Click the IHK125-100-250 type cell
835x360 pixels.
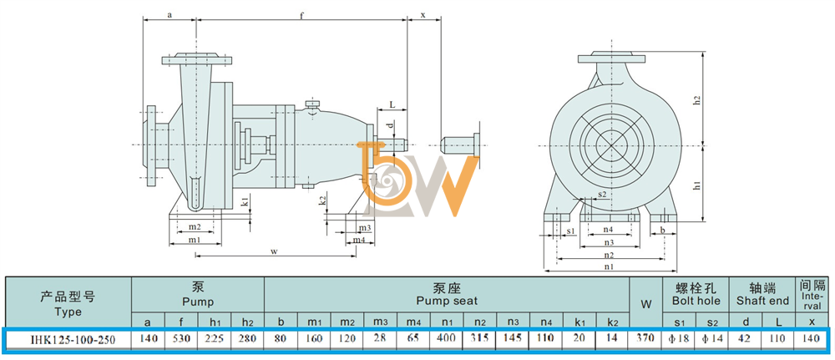[x=68, y=338]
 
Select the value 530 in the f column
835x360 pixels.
[x=181, y=338]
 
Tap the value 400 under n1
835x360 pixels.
[x=446, y=338]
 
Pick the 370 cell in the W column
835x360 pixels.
[x=646, y=338]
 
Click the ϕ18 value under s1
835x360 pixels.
[x=679, y=338]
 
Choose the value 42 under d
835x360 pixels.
[x=746, y=338]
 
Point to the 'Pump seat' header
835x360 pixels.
[x=447, y=301]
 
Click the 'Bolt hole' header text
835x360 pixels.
[x=696, y=301]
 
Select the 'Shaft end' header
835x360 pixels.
[x=762, y=301]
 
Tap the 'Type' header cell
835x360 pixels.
[x=68, y=312]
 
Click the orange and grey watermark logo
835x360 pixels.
[x=414, y=179]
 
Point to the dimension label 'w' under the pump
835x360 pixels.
[x=274, y=251]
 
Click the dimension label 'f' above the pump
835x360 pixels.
[x=301, y=15]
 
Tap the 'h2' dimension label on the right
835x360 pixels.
[x=696, y=99]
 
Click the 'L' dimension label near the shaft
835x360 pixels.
[x=392, y=105]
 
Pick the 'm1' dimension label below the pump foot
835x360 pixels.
[x=195, y=240]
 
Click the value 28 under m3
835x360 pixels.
[x=380, y=338]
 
